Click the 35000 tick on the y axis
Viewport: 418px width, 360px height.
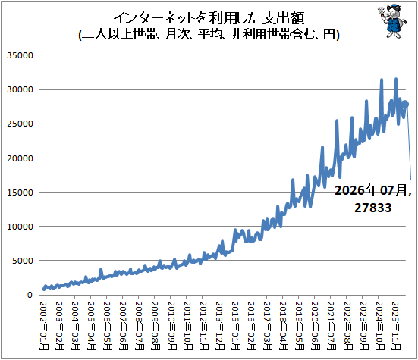coord(20,55)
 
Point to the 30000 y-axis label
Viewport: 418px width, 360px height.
coord(20,89)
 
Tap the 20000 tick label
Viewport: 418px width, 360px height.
coord(20,158)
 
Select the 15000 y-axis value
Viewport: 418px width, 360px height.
coord(20,193)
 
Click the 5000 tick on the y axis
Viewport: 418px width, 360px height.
coord(23,261)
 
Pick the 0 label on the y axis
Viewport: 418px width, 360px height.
coord(30,295)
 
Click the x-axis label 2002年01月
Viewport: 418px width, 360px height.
coord(44,326)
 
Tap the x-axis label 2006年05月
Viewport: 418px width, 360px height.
coord(108,326)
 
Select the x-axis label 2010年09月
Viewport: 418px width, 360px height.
coord(171,326)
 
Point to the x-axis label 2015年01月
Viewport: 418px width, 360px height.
coord(236,326)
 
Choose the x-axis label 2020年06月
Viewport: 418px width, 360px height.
coord(316,326)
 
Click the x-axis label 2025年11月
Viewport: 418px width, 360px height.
coord(395,326)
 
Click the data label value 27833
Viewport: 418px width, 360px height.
coord(373,208)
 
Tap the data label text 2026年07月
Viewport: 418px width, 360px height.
coord(370,191)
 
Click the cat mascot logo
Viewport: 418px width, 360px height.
coord(392,21)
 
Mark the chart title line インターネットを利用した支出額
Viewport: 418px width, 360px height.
coord(209,18)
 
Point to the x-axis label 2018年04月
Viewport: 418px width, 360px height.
coord(284,326)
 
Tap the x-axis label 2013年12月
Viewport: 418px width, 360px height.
coord(220,326)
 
